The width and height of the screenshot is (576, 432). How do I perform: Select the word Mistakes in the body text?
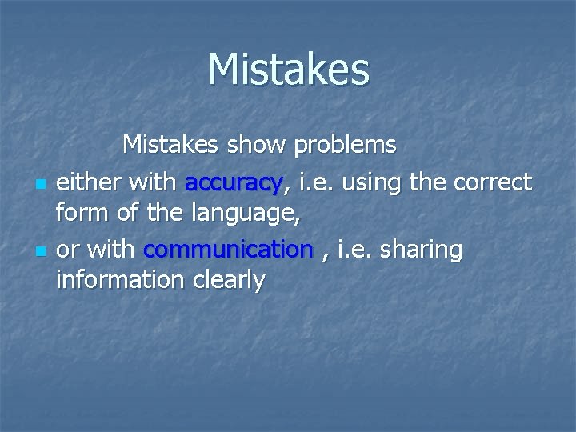[172, 145]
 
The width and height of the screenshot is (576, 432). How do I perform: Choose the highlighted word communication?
[228, 250]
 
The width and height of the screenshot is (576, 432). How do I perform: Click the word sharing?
[422, 250]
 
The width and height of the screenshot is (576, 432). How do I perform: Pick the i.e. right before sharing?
[355, 250]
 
